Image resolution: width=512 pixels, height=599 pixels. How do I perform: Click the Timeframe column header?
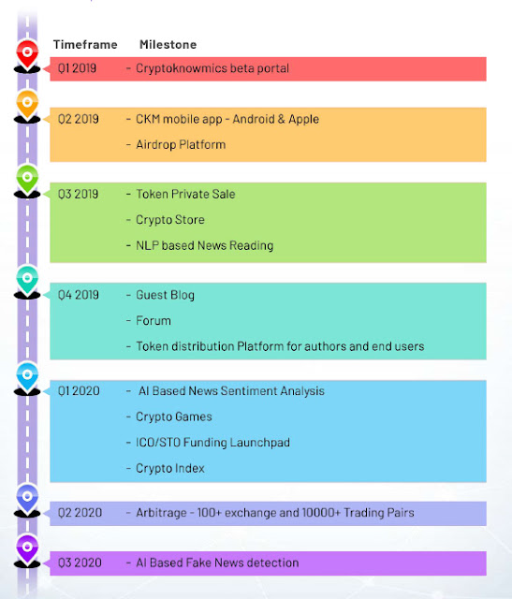85,45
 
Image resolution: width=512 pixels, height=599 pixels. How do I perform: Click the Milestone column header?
168,45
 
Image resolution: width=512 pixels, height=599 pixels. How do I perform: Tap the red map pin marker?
27,53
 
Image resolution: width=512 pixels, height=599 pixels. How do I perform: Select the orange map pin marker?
27,104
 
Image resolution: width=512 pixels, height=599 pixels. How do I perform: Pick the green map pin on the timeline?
27,179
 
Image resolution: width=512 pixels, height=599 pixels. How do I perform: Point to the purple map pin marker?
27,548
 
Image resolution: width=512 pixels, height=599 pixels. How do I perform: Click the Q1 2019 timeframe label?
77,68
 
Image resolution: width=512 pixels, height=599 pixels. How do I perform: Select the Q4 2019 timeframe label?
79,295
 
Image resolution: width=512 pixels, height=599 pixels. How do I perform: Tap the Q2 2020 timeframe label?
80,513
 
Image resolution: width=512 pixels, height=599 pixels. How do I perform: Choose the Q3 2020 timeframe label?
80,562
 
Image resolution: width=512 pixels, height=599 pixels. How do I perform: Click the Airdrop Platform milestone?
181,145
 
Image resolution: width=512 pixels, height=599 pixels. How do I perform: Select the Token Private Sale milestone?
185,194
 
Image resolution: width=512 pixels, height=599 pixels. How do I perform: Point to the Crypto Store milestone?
170,220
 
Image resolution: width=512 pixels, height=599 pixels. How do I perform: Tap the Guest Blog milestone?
165,296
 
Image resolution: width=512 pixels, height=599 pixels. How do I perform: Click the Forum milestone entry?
154,321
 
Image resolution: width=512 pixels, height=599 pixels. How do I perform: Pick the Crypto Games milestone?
174,416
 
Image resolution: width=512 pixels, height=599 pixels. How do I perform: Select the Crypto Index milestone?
170,468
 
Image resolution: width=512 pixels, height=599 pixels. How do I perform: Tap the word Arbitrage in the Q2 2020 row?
161,513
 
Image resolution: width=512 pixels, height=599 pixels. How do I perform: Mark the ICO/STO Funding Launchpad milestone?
212,443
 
